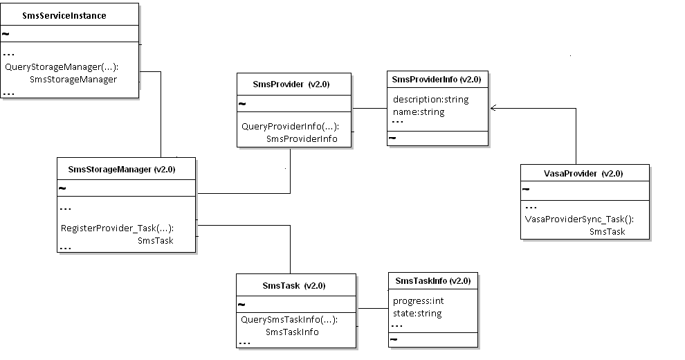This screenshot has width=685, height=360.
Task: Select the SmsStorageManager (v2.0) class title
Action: pyautogui.click(x=121, y=169)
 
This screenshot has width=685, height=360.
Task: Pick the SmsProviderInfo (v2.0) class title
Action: pyautogui.click(x=436, y=79)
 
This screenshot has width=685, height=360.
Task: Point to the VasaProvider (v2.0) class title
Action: pyautogui.click(x=584, y=173)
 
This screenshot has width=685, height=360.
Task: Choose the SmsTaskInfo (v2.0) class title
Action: pyautogui.click(x=432, y=280)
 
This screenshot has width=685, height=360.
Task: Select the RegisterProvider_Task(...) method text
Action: pyautogui.click(x=117, y=228)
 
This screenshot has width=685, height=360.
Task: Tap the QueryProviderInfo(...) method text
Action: pyautogui.click(x=290, y=127)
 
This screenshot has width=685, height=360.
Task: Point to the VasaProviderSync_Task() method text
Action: pyautogui.click(x=578, y=219)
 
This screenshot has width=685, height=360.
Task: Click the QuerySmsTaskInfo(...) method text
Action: pyautogui.click(x=289, y=320)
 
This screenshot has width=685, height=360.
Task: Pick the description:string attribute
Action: pyautogui.click(x=430, y=99)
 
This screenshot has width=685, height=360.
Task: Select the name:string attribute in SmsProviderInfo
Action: pyautogui.click(x=419, y=111)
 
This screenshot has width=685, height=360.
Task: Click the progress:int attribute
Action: pyautogui.click(x=418, y=301)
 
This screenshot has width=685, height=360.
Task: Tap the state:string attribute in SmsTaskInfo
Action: pyautogui.click(x=417, y=313)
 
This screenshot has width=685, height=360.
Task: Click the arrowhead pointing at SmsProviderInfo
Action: pyautogui.click(x=493, y=108)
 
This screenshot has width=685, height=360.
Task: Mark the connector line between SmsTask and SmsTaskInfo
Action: pyautogui.click(x=372, y=308)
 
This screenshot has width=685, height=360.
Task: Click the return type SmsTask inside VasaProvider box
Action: pyautogui.click(x=607, y=232)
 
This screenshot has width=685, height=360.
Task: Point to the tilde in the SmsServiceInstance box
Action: pyautogui.click(x=6, y=33)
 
